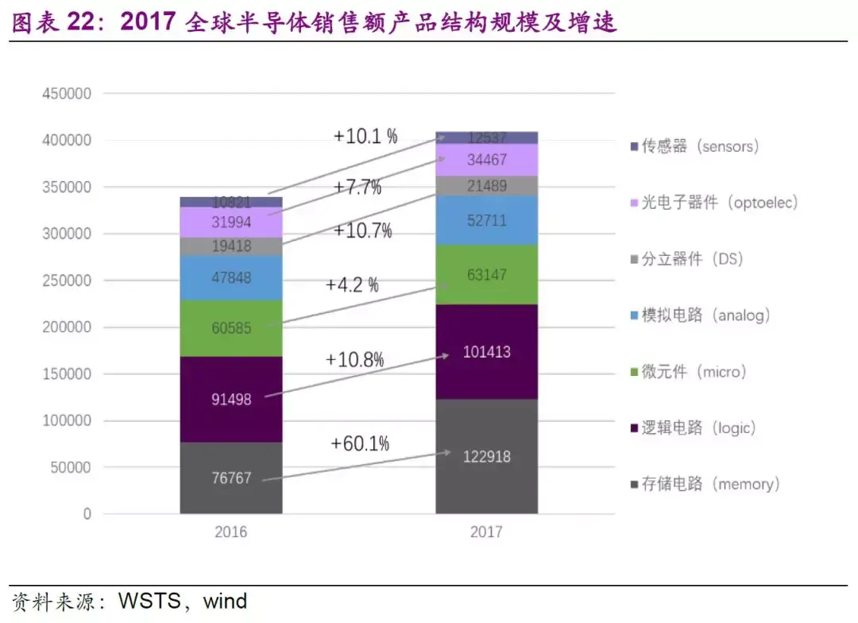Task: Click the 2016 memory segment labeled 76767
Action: pos(231,478)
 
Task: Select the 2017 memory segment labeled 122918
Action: pos(486,456)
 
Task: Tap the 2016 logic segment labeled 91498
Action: pos(231,399)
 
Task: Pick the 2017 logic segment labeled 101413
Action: pos(486,352)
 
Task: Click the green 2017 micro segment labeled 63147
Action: pos(486,275)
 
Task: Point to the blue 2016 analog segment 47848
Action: pos(231,277)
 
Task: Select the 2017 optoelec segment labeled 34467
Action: pos(486,160)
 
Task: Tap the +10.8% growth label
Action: pos(354,359)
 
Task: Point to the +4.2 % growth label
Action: pos(352,285)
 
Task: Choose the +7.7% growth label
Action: pos(357,188)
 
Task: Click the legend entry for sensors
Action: pos(699,147)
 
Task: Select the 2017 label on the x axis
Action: pos(486,532)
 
